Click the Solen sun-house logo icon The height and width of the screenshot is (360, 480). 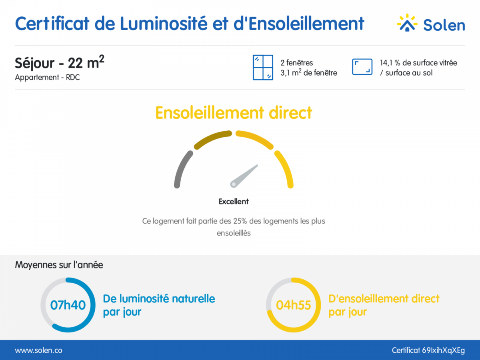point(407,22)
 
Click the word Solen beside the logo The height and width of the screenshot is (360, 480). point(444,25)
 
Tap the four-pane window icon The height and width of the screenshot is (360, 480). point(263,67)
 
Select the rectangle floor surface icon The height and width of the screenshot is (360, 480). point(362,67)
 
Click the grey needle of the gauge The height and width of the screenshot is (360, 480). point(244,176)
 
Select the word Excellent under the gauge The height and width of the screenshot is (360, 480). point(234,201)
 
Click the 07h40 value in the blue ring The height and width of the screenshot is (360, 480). point(68,305)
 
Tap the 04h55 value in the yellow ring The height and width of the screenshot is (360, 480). point(293,305)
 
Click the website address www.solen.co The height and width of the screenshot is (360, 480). point(38,350)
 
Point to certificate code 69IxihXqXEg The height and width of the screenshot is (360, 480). point(443,350)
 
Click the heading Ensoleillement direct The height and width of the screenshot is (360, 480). point(234,113)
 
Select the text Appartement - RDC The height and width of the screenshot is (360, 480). point(47,77)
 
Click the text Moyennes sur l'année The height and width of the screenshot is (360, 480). point(59,265)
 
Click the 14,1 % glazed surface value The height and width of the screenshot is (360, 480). point(390,63)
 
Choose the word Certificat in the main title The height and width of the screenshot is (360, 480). point(52,23)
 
